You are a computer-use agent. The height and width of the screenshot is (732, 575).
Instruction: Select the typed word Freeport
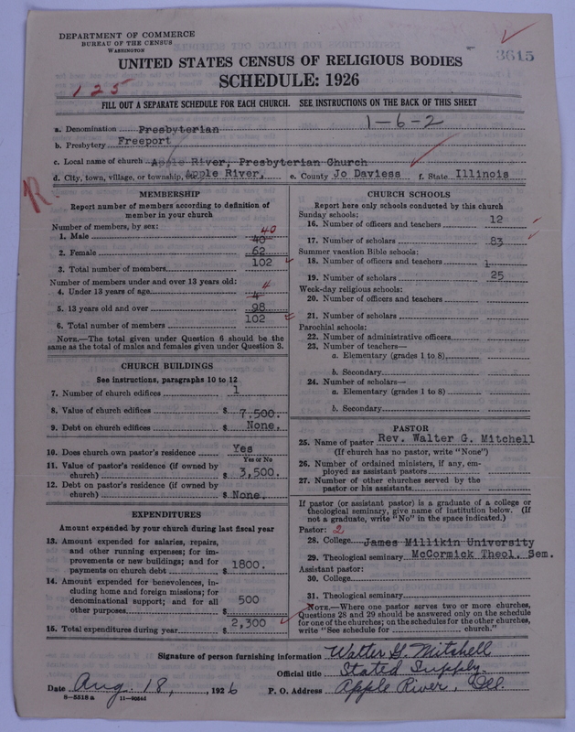pyautogui.click(x=147, y=144)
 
